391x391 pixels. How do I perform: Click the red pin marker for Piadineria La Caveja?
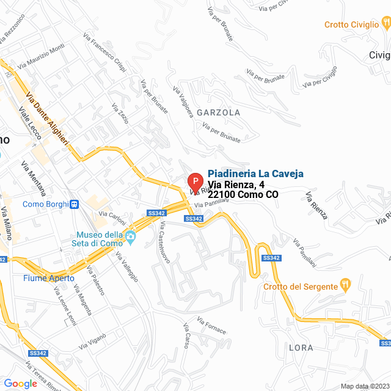click(x=194, y=182)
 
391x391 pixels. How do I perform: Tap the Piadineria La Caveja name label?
click(x=255, y=174)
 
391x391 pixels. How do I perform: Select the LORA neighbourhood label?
click(x=301, y=348)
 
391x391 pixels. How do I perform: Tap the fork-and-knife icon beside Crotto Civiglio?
click(x=386, y=23)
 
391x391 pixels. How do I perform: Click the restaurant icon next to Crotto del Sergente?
click(x=346, y=284)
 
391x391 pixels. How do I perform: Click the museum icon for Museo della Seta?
click(x=130, y=236)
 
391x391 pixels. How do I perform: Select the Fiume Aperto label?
click(x=49, y=278)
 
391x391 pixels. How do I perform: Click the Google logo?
click(x=20, y=384)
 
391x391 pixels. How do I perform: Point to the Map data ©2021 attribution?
click(x=364, y=386)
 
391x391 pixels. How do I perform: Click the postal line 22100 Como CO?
click(x=243, y=195)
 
